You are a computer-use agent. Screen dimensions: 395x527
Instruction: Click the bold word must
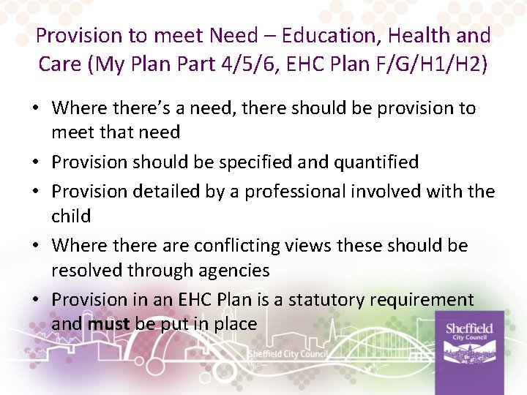point(109,323)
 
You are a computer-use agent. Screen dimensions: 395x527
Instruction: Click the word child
point(71,217)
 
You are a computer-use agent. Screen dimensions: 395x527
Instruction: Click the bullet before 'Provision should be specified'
point(36,162)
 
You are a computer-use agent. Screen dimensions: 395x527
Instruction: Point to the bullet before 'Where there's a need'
point(36,109)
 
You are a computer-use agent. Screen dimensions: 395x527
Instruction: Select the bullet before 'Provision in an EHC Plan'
point(36,300)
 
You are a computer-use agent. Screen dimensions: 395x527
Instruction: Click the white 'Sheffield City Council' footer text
point(288,354)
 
